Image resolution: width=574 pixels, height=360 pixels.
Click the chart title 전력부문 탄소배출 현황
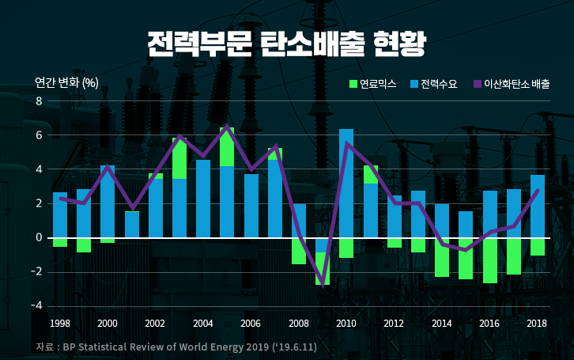click(x=286, y=44)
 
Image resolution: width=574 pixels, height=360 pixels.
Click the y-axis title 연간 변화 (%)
click(x=66, y=82)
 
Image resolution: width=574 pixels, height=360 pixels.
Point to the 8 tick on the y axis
click(x=39, y=101)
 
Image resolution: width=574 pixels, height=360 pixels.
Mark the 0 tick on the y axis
click(x=39, y=237)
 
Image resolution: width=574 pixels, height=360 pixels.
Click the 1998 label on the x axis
click(x=60, y=324)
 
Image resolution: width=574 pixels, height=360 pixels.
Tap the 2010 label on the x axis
click(x=346, y=324)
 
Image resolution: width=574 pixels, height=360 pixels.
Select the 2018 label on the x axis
click(x=537, y=324)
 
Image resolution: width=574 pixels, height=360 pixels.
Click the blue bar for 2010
click(x=346, y=183)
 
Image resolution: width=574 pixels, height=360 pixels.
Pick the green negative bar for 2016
click(x=489, y=260)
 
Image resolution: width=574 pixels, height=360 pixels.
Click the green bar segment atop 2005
click(x=227, y=146)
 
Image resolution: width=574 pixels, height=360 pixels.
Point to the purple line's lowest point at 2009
click(x=323, y=286)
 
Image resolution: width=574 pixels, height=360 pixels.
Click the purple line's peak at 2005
click(x=227, y=127)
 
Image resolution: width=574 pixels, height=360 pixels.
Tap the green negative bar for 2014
click(x=442, y=257)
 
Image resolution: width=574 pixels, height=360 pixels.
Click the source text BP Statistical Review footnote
click(x=176, y=347)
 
